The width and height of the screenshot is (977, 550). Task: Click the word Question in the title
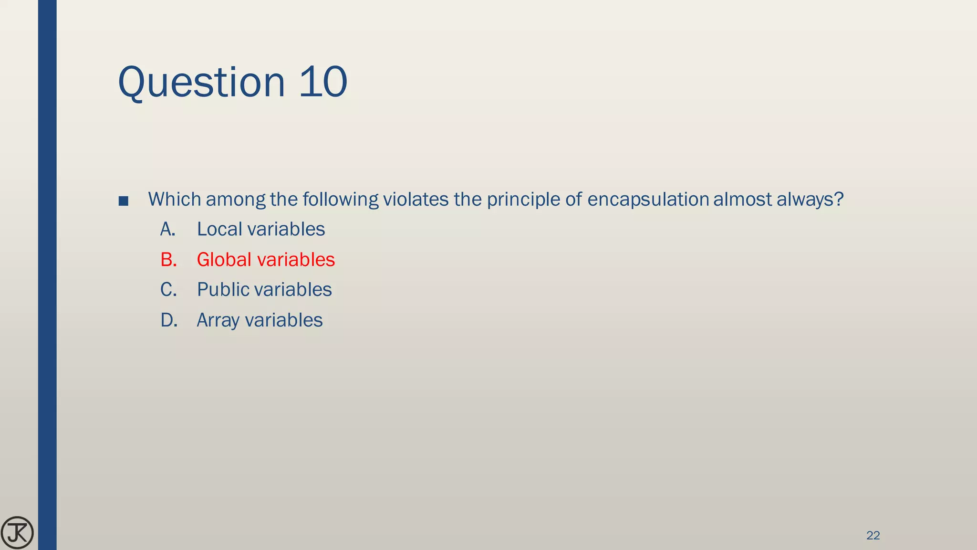tap(201, 82)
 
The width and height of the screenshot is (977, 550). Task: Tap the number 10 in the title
tap(323, 82)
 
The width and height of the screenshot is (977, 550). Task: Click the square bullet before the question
tap(123, 201)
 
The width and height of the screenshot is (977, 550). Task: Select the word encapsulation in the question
tap(648, 200)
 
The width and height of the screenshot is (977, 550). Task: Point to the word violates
tap(416, 199)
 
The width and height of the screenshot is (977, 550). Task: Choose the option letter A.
tap(167, 229)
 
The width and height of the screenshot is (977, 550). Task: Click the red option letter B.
tap(168, 260)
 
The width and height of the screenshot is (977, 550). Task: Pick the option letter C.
tap(168, 290)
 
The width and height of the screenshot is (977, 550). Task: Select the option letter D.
tap(169, 320)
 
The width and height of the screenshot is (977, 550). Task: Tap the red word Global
tap(224, 260)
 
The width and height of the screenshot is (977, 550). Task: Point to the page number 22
tap(873, 535)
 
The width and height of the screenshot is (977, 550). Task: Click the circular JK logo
tap(17, 532)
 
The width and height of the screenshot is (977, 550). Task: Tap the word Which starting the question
tap(174, 199)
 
